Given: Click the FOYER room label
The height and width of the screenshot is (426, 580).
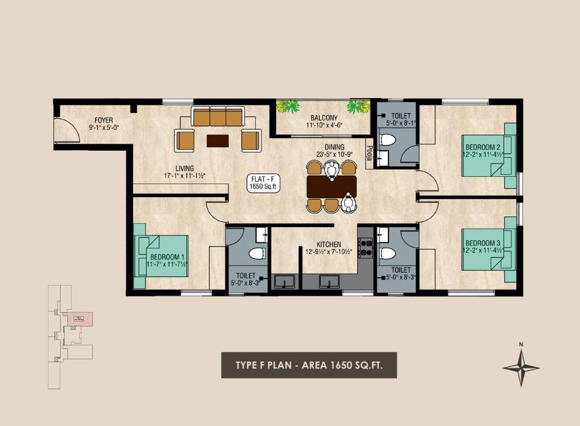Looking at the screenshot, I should (103, 120).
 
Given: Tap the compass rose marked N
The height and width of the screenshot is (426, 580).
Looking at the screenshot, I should (520, 367).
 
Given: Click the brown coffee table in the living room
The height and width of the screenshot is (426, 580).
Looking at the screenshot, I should (217, 140).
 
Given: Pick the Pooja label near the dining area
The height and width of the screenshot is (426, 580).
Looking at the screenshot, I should (369, 156).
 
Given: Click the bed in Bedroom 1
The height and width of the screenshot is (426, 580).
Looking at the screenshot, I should (161, 256).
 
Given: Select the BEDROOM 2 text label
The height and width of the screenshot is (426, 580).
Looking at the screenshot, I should (483, 147).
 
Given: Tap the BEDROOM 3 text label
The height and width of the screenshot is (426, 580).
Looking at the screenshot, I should (483, 243).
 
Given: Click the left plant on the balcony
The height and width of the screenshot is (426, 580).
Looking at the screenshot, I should (288, 106).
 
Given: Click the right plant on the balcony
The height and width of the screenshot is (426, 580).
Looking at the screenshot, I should (358, 107).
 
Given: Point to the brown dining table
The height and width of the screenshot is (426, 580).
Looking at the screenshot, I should (332, 186).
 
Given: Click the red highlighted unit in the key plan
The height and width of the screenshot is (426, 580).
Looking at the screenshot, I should (78, 319).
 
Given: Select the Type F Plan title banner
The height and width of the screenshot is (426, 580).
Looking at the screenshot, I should (309, 365).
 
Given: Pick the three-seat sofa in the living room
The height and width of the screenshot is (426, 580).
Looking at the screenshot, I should (217, 117).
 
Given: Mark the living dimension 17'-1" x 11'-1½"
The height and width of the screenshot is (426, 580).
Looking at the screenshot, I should (185, 176).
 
